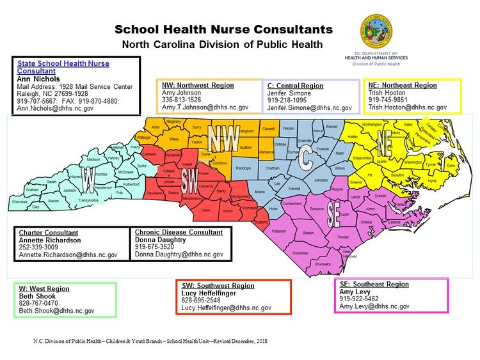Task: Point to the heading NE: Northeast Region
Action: [403, 85]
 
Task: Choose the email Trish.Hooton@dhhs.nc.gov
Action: [407, 107]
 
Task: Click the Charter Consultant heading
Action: [49, 232]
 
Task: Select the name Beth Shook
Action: [37, 296]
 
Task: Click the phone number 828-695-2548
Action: [201, 300]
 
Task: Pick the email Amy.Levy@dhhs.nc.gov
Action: [374, 306]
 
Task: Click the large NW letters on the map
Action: [224, 136]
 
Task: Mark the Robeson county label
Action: [278, 231]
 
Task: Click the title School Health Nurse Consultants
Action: [224, 29]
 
